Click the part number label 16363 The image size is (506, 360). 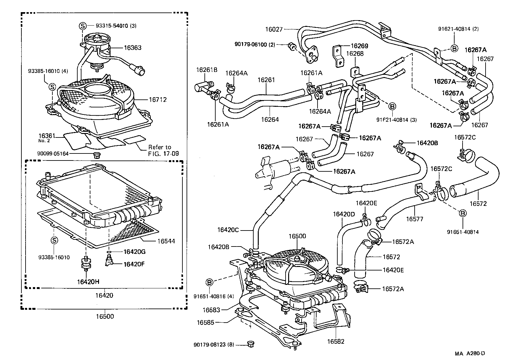pyautogui.click(x=133, y=48)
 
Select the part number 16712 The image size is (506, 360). pyautogui.click(x=158, y=100)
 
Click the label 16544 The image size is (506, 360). pyautogui.click(x=166, y=241)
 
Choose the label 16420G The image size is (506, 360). pyautogui.click(x=134, y=252)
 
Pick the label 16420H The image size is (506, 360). pyautogui.click(x=88, y=282)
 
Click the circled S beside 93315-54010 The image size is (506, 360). pyautogui.click(x=82, y=26)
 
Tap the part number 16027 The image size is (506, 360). pyautogui.click(x=274, y=29)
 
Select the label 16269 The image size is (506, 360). pyautogui.click(x=359, y=46)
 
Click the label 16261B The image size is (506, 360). pyautogui.click(x=207, y=70)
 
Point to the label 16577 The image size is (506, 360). pyautogui.click(x=415, y=219)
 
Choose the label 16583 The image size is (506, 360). pyautogui.click(x=211, y=310)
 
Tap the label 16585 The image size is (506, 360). pyautogui.click(x=205, y=323)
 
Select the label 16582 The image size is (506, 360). pyautogui.click(x=336, y=341)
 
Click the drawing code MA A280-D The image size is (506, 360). pyautogui.click(x=470, y=353)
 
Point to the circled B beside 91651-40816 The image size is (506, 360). pyautogui.click(x=209, y=282)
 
